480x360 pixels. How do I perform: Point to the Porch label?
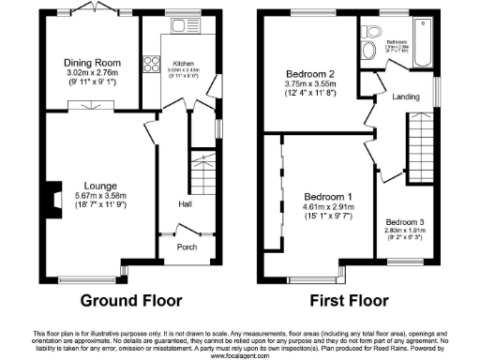pyautogui.click(x=187, y=248)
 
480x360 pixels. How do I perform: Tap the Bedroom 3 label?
pyautogui.click(x=407, y=222)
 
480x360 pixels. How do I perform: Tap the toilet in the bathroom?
pyautogui.click(x=369, y=48)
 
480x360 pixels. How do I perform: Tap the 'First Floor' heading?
pyautogui.click(x=349, y=302)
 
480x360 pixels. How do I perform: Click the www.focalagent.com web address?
pyautogui.click(x=239, y=355)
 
